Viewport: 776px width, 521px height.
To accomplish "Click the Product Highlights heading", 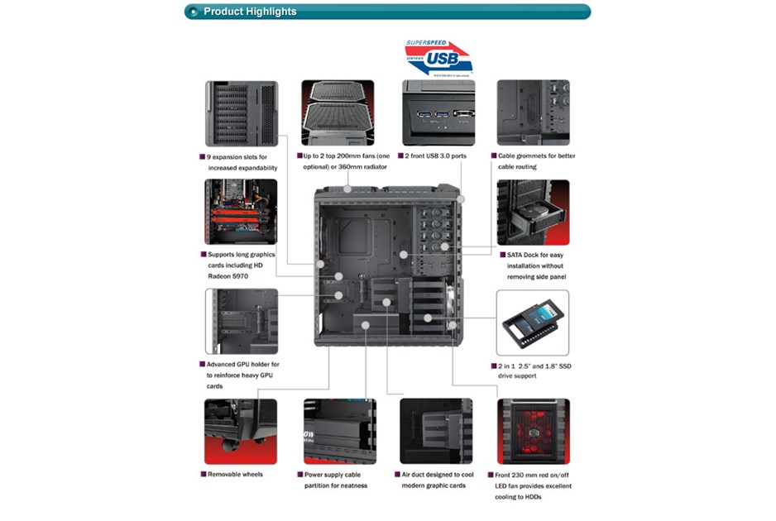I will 249,12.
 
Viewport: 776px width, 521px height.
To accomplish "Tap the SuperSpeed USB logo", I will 438,57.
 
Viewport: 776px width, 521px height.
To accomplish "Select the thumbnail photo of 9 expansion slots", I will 242,113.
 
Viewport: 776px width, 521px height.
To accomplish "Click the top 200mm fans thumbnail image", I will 337,113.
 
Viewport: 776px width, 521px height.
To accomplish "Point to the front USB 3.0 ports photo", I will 438,113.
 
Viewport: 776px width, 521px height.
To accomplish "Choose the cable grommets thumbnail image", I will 533,113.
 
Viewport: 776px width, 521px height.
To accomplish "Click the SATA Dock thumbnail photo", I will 533,212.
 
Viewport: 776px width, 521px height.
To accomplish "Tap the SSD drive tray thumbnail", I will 533,323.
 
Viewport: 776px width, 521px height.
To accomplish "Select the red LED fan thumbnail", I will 533,431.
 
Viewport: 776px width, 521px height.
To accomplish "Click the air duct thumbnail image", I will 436,431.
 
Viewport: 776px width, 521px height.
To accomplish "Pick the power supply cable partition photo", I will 338,431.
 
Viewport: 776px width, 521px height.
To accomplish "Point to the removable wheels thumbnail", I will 242,431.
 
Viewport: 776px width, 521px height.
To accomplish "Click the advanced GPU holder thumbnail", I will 242,322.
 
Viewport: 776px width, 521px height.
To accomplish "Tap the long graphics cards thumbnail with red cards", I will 242,212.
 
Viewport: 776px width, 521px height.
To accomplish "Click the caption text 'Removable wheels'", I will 236,475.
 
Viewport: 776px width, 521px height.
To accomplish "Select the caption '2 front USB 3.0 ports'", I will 437,156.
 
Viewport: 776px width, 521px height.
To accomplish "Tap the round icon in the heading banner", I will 194,12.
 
